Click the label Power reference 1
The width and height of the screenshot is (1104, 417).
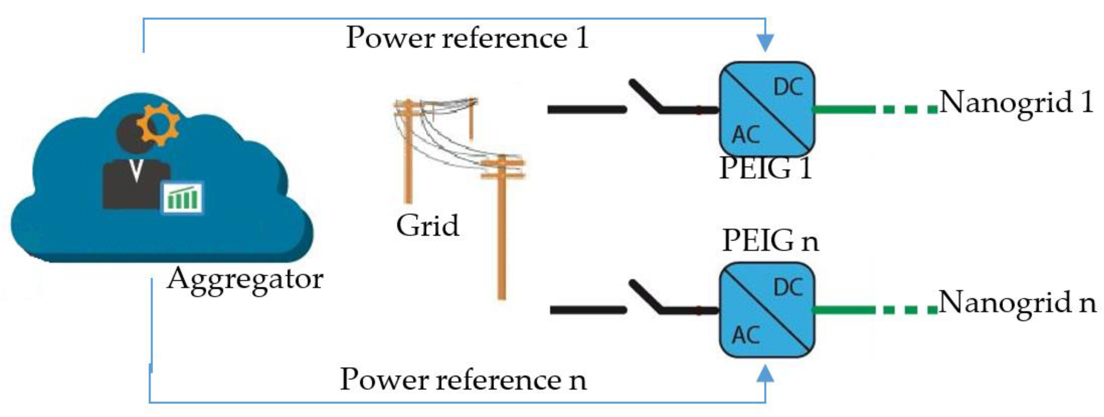[467, 38]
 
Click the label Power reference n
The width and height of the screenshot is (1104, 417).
[463, 380]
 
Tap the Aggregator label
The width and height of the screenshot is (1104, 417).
[245, 280]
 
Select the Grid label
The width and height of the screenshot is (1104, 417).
[427, 226]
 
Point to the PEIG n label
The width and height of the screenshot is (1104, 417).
[770, 241]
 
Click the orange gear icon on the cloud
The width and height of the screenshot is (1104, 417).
[158, 124]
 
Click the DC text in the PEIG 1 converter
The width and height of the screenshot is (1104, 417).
[788, 87]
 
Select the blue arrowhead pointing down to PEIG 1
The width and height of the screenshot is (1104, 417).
[765, 43]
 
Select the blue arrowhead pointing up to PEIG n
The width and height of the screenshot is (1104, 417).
[765, 374]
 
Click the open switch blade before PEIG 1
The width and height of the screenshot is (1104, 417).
[645, 96]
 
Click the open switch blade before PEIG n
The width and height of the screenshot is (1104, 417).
[645, 296]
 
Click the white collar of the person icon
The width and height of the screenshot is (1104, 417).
[136, 170]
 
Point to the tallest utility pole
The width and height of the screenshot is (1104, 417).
[501, 227]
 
